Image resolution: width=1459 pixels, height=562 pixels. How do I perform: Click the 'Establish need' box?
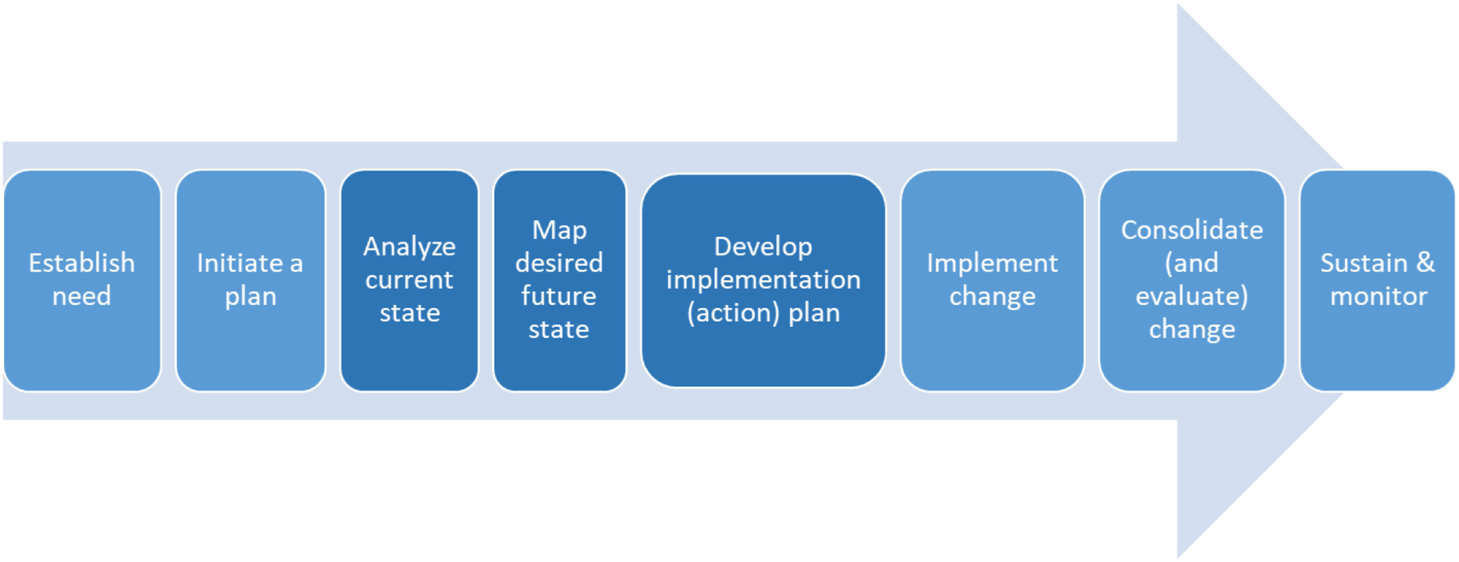coord(82,281)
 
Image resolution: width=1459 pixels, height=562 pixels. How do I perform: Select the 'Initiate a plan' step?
coord(251,281)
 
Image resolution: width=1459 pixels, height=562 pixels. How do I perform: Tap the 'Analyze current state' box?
coord(409,281)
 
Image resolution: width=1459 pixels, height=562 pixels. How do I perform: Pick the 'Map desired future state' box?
coord(559,281)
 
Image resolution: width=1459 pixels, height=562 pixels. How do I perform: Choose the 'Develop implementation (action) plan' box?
coord(764,281)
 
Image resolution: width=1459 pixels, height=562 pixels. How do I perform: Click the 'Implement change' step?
coord(992,281)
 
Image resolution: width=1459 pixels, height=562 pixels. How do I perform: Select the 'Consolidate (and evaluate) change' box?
coord(1192,281)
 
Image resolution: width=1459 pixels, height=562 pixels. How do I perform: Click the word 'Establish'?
coord(82,263)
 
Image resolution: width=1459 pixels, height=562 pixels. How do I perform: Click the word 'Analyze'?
coord(409,247)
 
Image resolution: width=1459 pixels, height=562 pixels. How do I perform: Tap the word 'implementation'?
coord(764,280)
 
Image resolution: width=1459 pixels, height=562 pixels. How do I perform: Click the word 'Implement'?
coord(992,264)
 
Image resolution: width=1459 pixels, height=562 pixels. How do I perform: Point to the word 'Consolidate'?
coord(1192,230)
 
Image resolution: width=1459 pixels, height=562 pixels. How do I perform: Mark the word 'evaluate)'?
coord(1192,296)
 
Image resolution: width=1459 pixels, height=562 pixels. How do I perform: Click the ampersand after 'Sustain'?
coord(1426,263)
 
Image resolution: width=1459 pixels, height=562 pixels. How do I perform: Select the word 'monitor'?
coord(1378,296)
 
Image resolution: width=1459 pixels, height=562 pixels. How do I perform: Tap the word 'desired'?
coord(559,263)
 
